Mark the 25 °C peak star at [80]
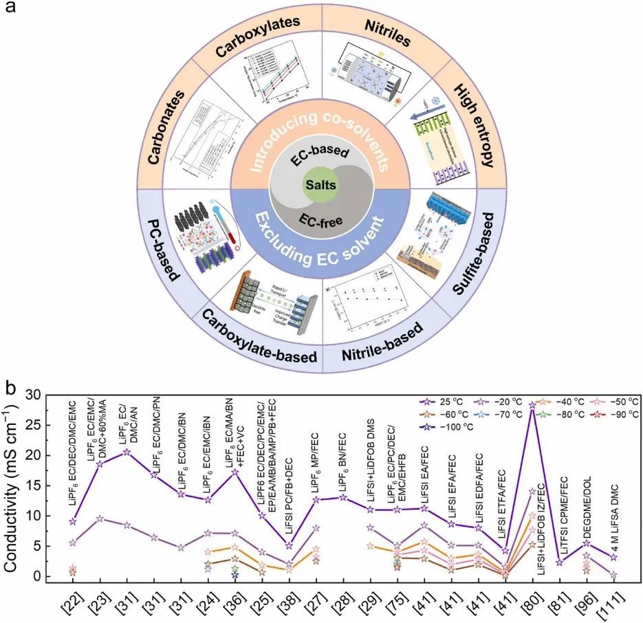[532, 406]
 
